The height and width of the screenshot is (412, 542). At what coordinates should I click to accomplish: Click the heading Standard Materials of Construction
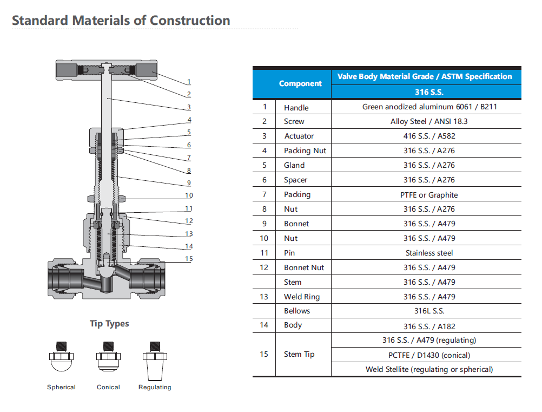pos(121,21)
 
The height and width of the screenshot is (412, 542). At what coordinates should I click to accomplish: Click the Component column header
pos(300,83)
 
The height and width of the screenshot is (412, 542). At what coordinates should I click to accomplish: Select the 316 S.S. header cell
pos(429,92)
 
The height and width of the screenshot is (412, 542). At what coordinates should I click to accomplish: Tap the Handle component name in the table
pos(296,108)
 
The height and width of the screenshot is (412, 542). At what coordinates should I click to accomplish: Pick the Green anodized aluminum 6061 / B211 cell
pos(429,107)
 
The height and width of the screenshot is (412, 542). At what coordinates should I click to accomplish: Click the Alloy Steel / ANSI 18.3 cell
pos(429,121)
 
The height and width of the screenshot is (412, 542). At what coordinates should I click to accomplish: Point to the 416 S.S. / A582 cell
pos(429,136)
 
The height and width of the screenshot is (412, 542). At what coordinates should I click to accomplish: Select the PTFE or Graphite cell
pos(429,195)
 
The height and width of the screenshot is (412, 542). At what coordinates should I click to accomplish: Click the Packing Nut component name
pos(305,151)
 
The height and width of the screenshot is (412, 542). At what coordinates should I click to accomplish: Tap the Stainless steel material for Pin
pos(429,253)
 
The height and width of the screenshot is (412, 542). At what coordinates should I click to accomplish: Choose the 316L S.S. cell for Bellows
pos(429,311)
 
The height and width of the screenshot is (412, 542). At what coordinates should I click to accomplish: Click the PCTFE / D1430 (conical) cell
pos(429,355)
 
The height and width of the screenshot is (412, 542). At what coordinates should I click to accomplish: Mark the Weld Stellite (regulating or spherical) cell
pos(429,369)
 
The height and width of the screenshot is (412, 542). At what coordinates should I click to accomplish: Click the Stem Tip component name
pos(299,354)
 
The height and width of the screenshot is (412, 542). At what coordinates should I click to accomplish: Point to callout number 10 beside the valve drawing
pos(189,195)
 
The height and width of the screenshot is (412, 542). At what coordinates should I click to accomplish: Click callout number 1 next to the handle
pos(189,82)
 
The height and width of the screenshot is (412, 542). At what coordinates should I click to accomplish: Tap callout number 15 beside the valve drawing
pos(189,259)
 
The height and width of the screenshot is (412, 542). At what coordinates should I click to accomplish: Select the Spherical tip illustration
pos(61,356)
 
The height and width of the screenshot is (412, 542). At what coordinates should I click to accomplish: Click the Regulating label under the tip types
pos(155,388)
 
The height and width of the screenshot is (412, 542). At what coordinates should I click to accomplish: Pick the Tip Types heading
pos(109,324)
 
